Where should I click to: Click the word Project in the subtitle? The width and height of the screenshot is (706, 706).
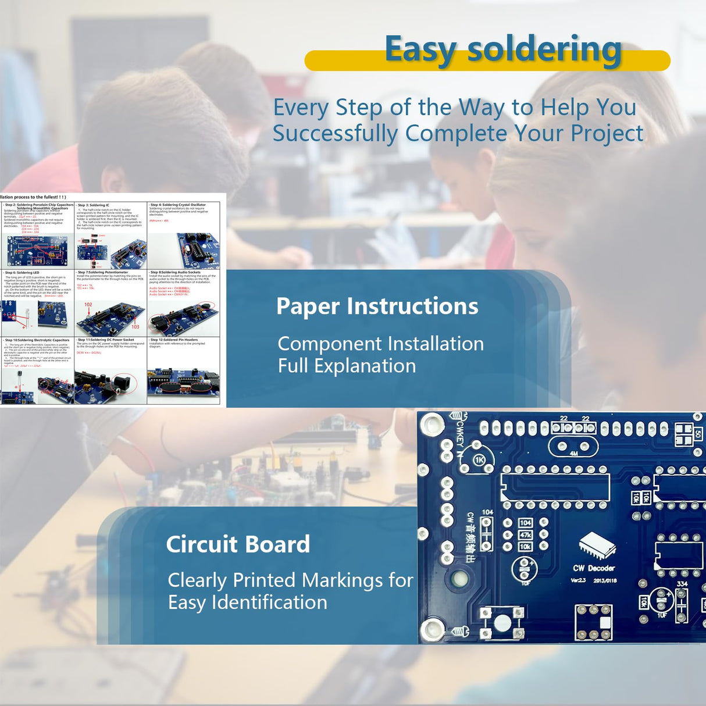pos(607,133)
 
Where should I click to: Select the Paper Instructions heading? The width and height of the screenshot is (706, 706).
pos(377,306)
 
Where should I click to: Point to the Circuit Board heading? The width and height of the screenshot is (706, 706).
pos(238,544)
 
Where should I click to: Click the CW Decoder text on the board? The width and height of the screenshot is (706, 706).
pos(594,568)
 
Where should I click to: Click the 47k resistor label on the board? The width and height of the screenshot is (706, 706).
pos(525,535)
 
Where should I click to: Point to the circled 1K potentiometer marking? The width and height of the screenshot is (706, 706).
pos(479,460)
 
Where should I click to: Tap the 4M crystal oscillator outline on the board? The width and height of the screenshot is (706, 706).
pos(573,447)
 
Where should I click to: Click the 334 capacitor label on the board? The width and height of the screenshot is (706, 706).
pos(682,584)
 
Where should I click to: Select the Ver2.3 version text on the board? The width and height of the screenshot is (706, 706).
pos(578,580)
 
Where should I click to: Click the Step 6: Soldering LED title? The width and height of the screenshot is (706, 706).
pos(22,272)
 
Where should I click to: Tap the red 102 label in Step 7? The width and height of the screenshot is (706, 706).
pos(88,304)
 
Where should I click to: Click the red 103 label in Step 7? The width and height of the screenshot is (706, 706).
pos(135,327)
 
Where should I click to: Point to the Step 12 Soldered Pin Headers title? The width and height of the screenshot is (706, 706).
pos(174,340)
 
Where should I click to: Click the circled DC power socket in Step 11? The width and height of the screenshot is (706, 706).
pos(124,382)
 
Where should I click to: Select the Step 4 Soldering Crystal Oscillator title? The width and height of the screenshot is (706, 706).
pos(178,205)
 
